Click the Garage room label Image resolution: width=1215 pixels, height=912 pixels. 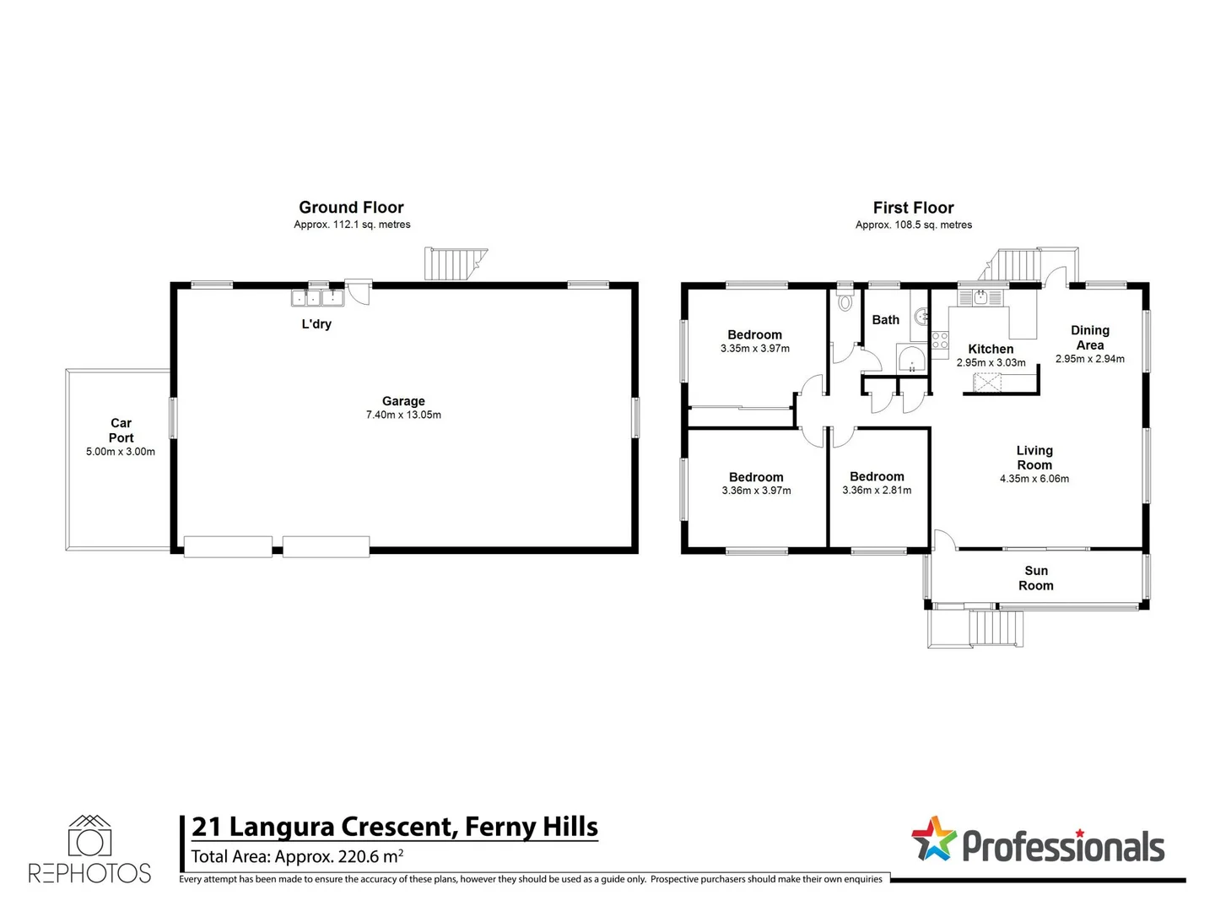[403, 401]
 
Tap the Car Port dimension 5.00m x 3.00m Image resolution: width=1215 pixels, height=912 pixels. [121, 452]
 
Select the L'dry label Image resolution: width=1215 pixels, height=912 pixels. [316, 324]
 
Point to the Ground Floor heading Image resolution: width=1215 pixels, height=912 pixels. [351, 208]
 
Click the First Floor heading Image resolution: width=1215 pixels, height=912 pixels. [913, 208]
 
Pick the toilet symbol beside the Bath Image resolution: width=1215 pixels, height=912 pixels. [845, 301]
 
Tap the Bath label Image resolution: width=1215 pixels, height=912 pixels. [885, 320]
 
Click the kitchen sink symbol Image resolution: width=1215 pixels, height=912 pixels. [980, 297]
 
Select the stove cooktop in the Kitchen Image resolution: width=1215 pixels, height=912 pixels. [939, 340]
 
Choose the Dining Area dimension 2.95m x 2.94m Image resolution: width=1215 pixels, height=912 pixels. [1089, 359]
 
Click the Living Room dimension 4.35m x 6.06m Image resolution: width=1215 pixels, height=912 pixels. [1034, 479]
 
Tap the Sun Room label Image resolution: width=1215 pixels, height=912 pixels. [1035, 578]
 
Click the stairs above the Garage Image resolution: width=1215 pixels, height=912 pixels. [454, 264]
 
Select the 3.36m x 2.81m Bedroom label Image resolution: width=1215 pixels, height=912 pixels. [877, 477]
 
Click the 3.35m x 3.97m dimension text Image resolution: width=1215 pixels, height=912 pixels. [754, 349]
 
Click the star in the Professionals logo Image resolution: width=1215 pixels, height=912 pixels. [933, 839]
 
